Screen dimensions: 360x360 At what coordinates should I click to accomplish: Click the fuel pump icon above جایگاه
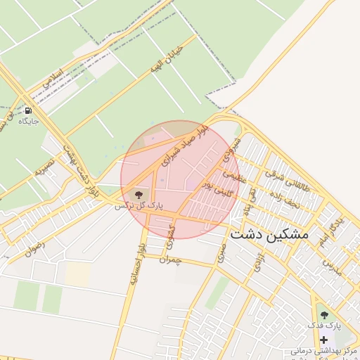coord(28,110)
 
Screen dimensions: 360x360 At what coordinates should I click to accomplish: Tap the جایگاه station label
coord(28,121)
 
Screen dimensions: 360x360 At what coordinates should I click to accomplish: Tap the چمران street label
coord(171,260)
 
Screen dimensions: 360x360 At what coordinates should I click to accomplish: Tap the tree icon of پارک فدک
coord(323,315)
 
